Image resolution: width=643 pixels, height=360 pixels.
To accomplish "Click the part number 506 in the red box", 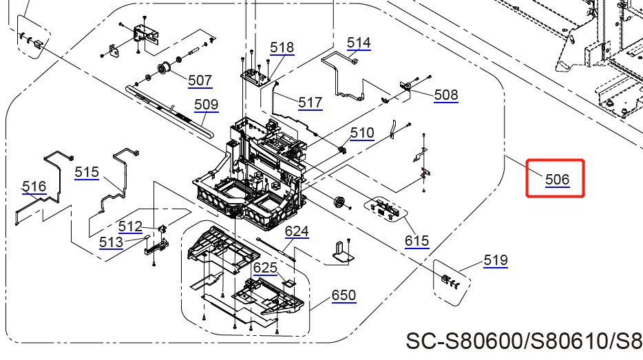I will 557,180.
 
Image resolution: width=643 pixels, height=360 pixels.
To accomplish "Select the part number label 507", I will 200,81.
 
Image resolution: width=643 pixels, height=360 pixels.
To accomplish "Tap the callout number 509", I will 206,105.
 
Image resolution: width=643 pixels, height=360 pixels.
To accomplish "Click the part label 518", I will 282,47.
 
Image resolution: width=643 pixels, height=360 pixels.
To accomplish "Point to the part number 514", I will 359,43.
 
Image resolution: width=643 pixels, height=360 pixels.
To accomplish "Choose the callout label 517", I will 310,103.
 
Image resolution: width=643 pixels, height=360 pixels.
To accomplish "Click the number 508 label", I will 445,95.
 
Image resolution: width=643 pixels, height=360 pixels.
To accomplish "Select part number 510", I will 362,133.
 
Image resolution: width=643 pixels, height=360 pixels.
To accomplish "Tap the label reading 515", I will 87,172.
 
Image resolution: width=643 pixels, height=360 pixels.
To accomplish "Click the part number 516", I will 34,187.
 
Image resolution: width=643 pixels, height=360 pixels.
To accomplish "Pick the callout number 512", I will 130,226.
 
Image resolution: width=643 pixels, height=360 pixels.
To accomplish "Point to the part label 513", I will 111,242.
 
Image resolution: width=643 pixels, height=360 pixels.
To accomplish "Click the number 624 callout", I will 297,231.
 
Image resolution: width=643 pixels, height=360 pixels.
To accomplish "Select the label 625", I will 265,267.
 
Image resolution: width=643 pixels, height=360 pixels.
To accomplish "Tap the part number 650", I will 344,295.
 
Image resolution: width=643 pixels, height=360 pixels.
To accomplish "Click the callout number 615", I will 417,241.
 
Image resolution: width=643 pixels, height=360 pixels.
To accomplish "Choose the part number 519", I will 495,260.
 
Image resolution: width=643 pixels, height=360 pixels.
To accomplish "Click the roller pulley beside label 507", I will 164,69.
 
